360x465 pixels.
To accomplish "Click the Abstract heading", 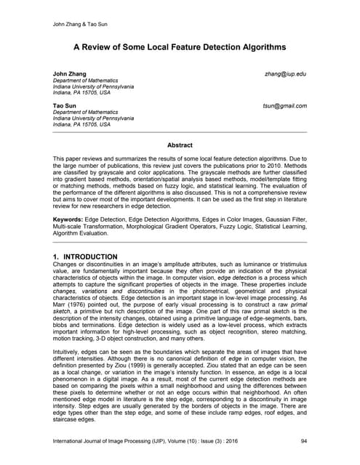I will [x=180, y=145].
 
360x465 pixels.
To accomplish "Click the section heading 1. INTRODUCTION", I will [x=86, y=257].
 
